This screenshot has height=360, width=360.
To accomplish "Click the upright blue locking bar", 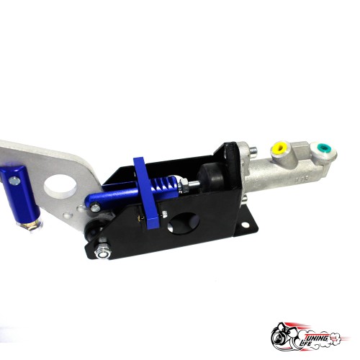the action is (146, 193).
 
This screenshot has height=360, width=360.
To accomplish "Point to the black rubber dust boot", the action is (210, 177).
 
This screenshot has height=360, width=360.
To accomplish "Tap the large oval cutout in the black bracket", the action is (184, 223).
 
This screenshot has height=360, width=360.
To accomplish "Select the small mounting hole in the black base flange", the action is (245, 225).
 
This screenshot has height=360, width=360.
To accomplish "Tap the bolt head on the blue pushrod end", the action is (96, 207).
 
